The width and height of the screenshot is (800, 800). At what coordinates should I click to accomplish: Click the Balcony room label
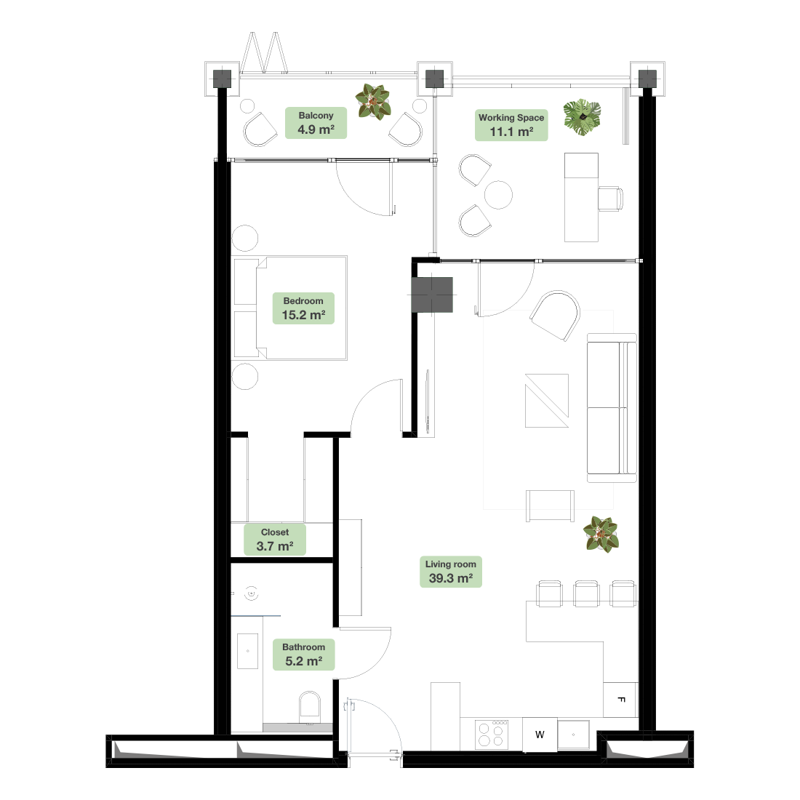pyautogui.click(x=316, y=123)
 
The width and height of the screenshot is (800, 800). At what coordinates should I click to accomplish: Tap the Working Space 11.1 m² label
pyautogui.click(x=511, y=125)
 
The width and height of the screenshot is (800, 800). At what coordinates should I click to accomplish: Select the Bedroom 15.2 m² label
pyautogui.click(x=303, y=308)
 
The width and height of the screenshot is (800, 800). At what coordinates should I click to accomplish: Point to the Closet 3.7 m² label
pyautogui.click(x=275, y=540)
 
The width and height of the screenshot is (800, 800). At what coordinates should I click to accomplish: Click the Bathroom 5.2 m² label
pyautogui.click(x=303, y=654)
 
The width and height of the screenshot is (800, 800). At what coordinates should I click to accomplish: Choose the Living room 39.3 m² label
pyautogui.click(x=450, y=572)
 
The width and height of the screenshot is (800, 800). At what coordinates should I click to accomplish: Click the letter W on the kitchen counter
pyautogui.click(x=540, y=735)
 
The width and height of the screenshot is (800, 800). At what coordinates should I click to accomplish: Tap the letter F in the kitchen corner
pyautogui.click(x=621, y=700)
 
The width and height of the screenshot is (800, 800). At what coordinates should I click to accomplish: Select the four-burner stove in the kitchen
pyautogui.click(x=492, y=735)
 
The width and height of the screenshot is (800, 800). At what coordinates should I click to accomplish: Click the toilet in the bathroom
pyautogui.click(x=310, y=707)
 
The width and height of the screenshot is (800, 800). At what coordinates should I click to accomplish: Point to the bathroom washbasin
pyautogui.click(x=247, y=651)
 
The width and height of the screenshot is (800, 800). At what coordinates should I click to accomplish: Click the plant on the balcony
pyautogui.click(x=373, y=102)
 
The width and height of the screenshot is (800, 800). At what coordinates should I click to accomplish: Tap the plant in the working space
pyautogui.click(x=582, y=117)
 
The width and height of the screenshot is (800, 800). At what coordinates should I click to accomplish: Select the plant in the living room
pyautogui.click(x=601, y=535)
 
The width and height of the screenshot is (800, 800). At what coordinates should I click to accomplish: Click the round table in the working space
pyautogui.click(x=498, y=195)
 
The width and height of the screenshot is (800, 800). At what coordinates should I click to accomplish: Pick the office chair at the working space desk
pyautogui.click(x=611, y=199)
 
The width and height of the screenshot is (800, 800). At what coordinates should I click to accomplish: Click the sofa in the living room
pyautogui.click(x=612, y=408)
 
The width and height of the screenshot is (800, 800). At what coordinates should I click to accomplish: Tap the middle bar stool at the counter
pyautogui.click(x=586, y=594)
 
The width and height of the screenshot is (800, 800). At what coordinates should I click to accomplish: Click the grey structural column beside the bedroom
pyautogui.click(x=432, y=295)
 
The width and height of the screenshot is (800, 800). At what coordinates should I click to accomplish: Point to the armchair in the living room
pyautogui.click(x=556, y=316)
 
